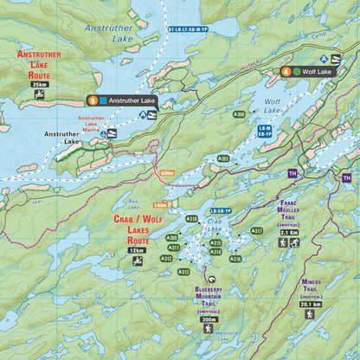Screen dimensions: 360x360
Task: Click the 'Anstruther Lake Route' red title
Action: point(39,64)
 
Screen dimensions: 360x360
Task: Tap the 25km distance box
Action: point(39,85)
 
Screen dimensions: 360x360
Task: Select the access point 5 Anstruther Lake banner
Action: point(121,100)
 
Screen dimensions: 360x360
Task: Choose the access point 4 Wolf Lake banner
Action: point(307,72)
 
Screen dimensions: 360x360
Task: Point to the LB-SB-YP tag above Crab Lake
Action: point(221,211)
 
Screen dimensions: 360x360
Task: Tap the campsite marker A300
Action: point(239,113)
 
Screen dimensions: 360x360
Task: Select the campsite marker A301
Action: point(223,158)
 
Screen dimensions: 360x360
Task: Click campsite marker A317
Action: point(256,231)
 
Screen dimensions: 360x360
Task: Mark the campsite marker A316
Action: point(235,258)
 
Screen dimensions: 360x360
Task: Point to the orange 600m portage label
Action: point(167,173)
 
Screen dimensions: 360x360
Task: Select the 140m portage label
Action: point(158,205)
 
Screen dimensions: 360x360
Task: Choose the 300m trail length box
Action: point(209,319)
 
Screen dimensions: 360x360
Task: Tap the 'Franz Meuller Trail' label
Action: point(289,217)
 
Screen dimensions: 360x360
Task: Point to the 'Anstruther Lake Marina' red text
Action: point(91,123)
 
